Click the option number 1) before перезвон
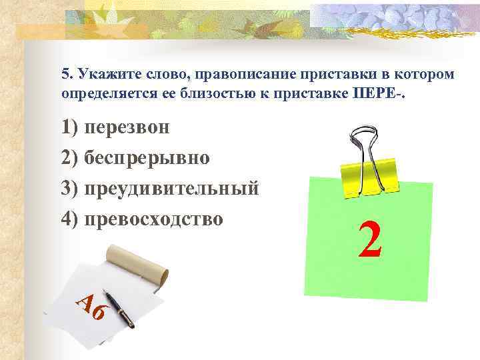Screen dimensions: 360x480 pos(71,127)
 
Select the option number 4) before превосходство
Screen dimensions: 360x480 pos(71,219)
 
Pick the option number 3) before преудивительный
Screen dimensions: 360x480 pos(71,189)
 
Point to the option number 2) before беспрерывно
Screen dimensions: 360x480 pos(71,158)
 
